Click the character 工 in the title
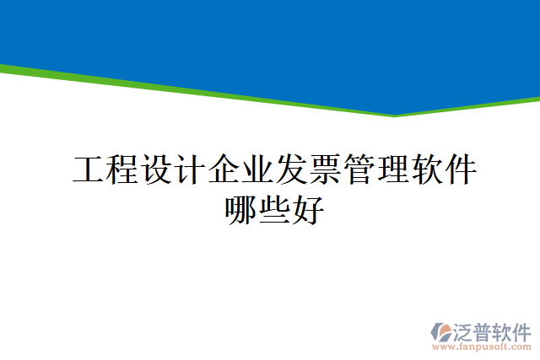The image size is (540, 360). [x=89, y=170]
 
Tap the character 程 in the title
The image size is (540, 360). [x=122, y=170]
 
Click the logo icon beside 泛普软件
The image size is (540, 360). [x=441, y=330]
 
